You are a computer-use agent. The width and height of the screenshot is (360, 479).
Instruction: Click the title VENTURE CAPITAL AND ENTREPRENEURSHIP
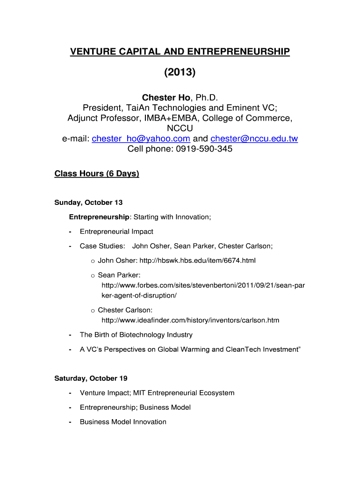click(x=180, y=51)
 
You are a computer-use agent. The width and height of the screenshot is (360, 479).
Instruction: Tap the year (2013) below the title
click(x=180, y=73)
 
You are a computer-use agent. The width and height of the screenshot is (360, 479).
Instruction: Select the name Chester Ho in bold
click(x=166, y=98)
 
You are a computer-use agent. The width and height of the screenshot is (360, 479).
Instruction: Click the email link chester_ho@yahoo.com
click(x=141, y=138)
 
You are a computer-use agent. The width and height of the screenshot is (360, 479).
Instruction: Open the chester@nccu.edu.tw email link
click(x=254, y=138)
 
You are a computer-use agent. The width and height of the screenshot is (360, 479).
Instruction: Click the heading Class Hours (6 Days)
click(x=97, y=174)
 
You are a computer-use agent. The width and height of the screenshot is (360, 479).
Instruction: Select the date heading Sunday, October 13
click(x=88, y=203)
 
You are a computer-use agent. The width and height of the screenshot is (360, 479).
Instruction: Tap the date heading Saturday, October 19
click(x=91, y=378)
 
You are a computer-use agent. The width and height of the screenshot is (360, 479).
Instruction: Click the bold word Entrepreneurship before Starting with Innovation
click(x=99, y=217)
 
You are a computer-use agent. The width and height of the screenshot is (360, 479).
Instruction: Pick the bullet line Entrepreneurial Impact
click(x=116, y=232)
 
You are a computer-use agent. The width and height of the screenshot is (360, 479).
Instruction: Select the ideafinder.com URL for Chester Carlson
click(x=190, y=320)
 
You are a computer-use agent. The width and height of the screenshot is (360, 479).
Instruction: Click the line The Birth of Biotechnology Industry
click(x=136, y=335)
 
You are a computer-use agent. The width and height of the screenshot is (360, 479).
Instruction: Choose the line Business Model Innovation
click(x=123, y=422)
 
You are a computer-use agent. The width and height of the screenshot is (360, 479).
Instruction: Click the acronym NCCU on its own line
click(x=180, y=128)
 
